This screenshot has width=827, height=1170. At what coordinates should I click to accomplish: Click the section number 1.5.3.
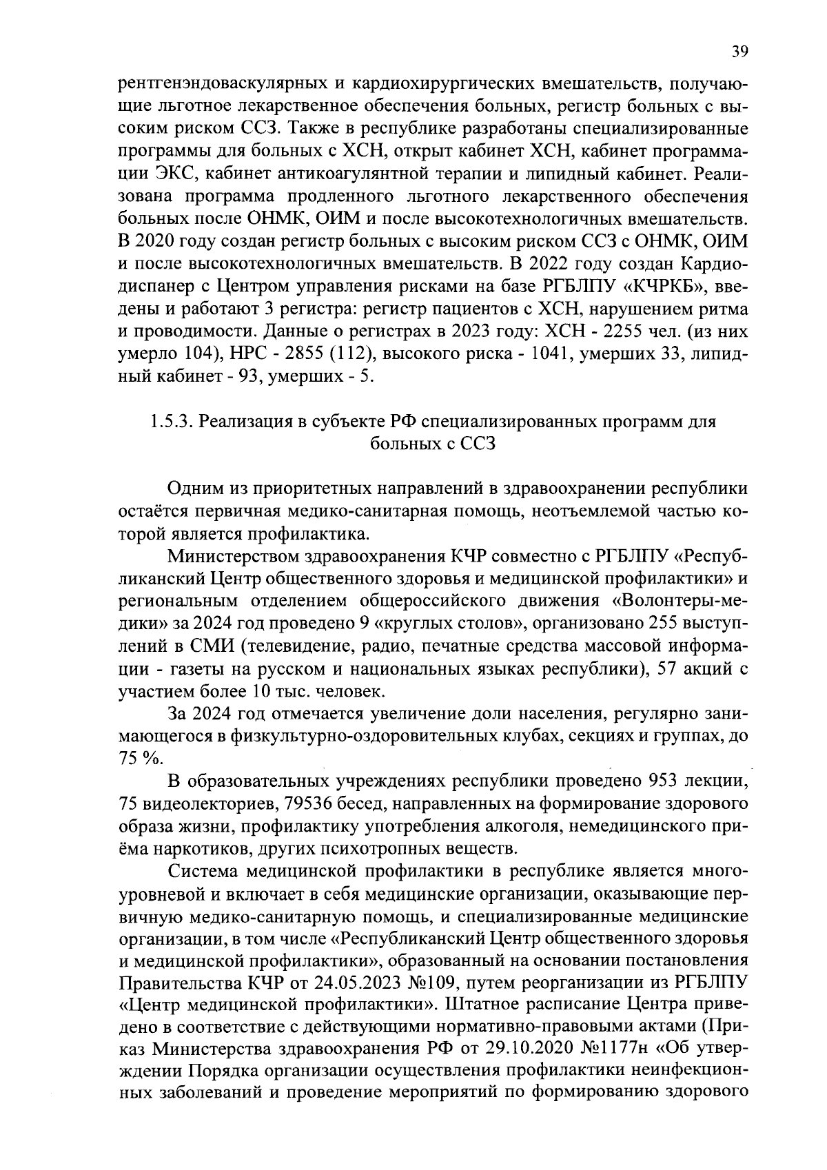[x=172, y=422]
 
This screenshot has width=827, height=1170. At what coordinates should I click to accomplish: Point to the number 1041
[x=546, y=355]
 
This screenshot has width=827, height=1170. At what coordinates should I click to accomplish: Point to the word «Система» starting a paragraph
[x=209, y=871]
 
